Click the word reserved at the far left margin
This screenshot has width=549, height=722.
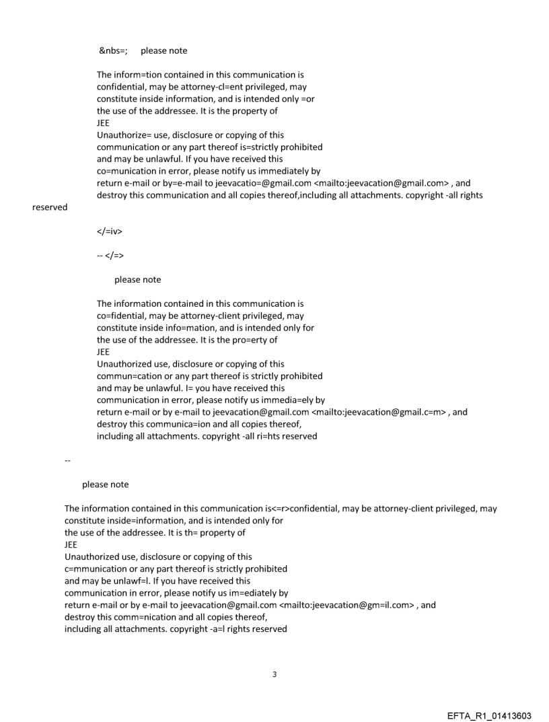coord(50,207)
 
